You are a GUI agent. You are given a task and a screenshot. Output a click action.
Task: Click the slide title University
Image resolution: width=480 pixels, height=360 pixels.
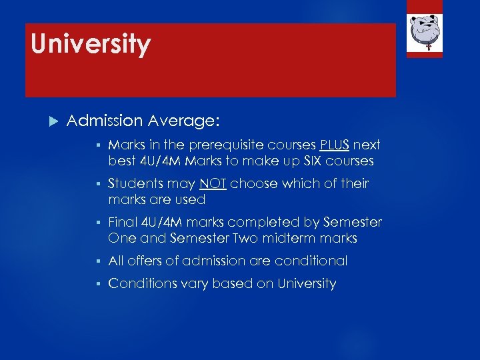pos(91,45)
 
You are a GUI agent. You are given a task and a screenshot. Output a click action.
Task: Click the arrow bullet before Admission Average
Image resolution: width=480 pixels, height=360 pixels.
pos(55,121)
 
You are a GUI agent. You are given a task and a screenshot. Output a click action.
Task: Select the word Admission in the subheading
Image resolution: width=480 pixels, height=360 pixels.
pos(105,121)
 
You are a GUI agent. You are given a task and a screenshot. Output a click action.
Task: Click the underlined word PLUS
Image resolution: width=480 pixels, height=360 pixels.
pos(335,145)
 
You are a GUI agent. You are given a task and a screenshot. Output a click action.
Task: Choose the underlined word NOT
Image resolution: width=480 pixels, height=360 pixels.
pos(212,183)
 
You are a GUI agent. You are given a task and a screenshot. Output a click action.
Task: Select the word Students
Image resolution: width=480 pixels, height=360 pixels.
pos(133,183)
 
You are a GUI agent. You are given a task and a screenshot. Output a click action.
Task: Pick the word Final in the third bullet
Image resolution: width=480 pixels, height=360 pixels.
pos(122,222)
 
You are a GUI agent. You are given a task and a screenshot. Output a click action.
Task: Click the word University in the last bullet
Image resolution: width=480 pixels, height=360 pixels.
pos(307,283)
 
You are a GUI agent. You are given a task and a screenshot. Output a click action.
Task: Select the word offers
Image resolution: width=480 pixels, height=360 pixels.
pos(146,261)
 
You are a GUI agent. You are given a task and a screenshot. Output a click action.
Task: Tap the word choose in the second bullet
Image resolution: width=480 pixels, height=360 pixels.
pos(252,183)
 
